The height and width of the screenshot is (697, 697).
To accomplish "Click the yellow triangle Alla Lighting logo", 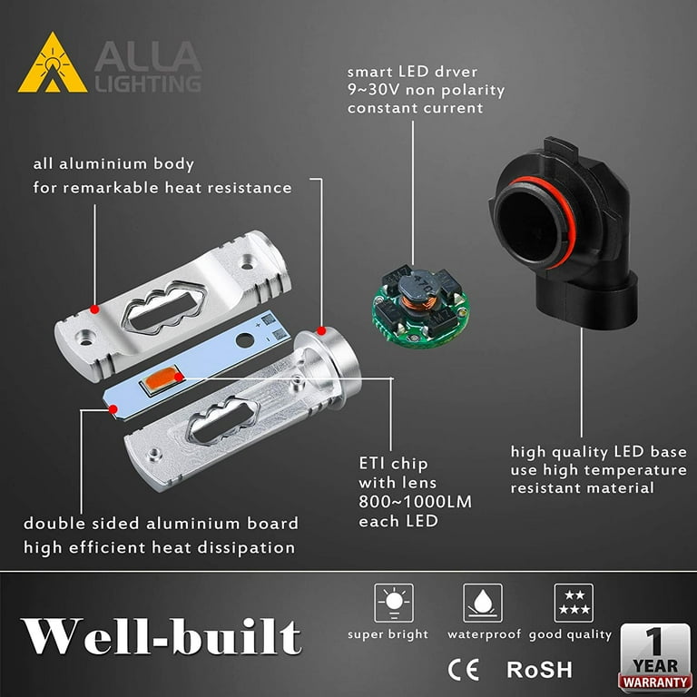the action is click(x=53, y=63).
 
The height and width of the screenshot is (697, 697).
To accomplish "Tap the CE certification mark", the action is click(x=463, y=670).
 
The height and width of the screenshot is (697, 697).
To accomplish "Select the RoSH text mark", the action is click(x=539, y=670).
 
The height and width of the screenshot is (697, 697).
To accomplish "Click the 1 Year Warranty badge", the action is click(x=655, y=658).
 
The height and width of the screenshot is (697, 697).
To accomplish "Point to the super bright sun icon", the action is click(x=394, y=603).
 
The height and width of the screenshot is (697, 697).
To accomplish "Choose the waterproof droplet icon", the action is click(x=483, y=603).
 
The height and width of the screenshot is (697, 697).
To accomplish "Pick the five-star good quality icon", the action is click(x=574, y=603).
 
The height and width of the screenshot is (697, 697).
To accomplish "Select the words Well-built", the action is click(x=161, y=636).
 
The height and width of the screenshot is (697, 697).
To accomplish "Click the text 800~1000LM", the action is click(x=415, y=502).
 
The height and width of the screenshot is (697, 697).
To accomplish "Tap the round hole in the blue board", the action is click(x=244, y=340).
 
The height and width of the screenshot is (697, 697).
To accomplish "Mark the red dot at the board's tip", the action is click(x=113, y=409).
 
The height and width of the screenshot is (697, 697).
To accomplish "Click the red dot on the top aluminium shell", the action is click(x=93, y=309).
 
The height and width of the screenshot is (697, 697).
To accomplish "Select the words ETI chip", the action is click(x=393, y=464).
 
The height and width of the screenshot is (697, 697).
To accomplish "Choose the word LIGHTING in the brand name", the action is click(x=149, y=83).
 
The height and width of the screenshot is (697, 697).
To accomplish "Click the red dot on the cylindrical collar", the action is click(x=321, y=330).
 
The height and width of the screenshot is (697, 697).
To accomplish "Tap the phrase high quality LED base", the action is click(x=599, y=452).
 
